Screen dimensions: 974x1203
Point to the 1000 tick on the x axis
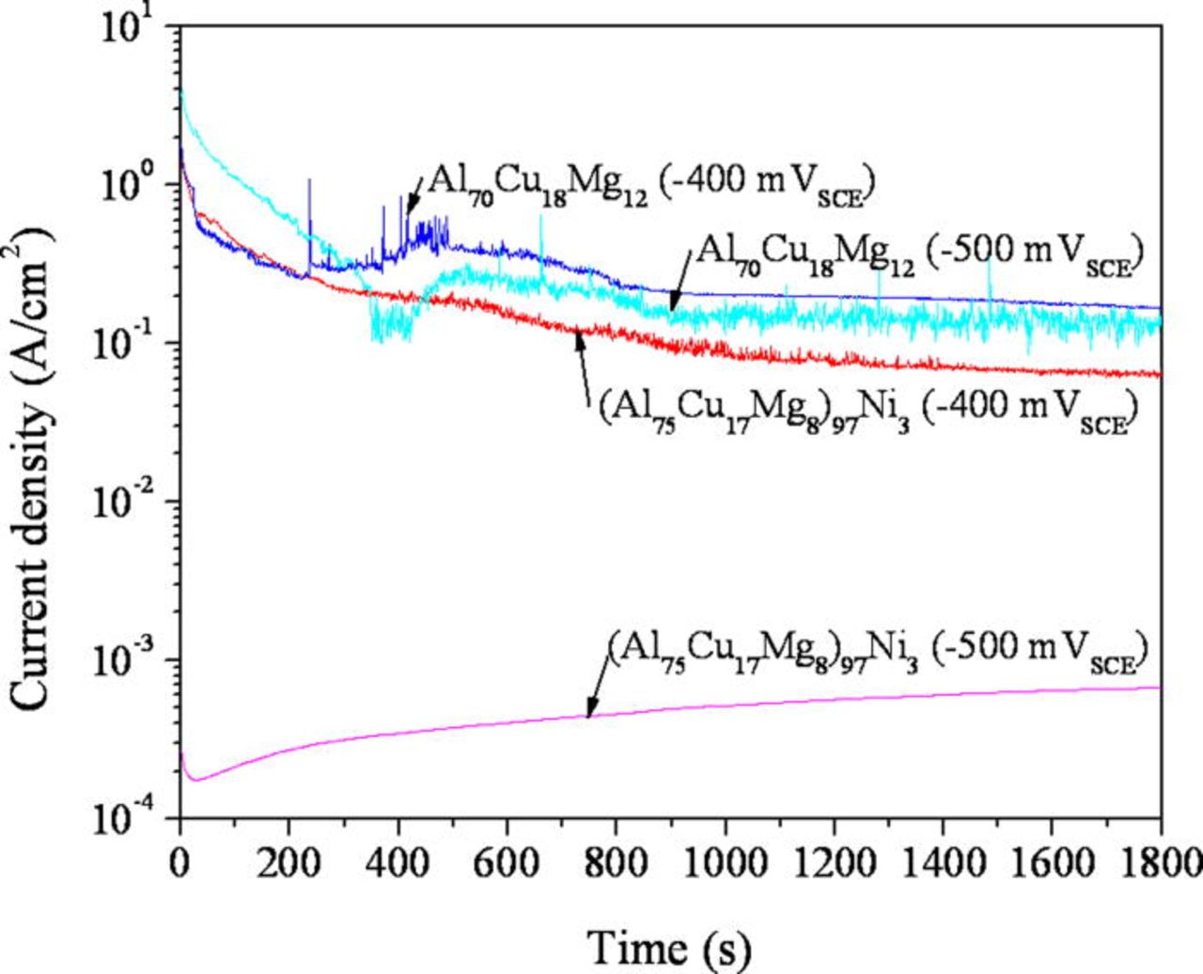click(x=725, y=862)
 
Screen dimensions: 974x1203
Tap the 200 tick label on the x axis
click(x=288, y=862)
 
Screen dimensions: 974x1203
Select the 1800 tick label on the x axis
click(x=1160, y=862)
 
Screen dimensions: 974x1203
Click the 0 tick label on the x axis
click(x=180, y=862)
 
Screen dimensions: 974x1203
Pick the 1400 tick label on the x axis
click(x=942, y=862)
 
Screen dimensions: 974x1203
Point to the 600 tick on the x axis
click(x=507, y=862)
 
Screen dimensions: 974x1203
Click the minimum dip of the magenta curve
click(x=195, y=780)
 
